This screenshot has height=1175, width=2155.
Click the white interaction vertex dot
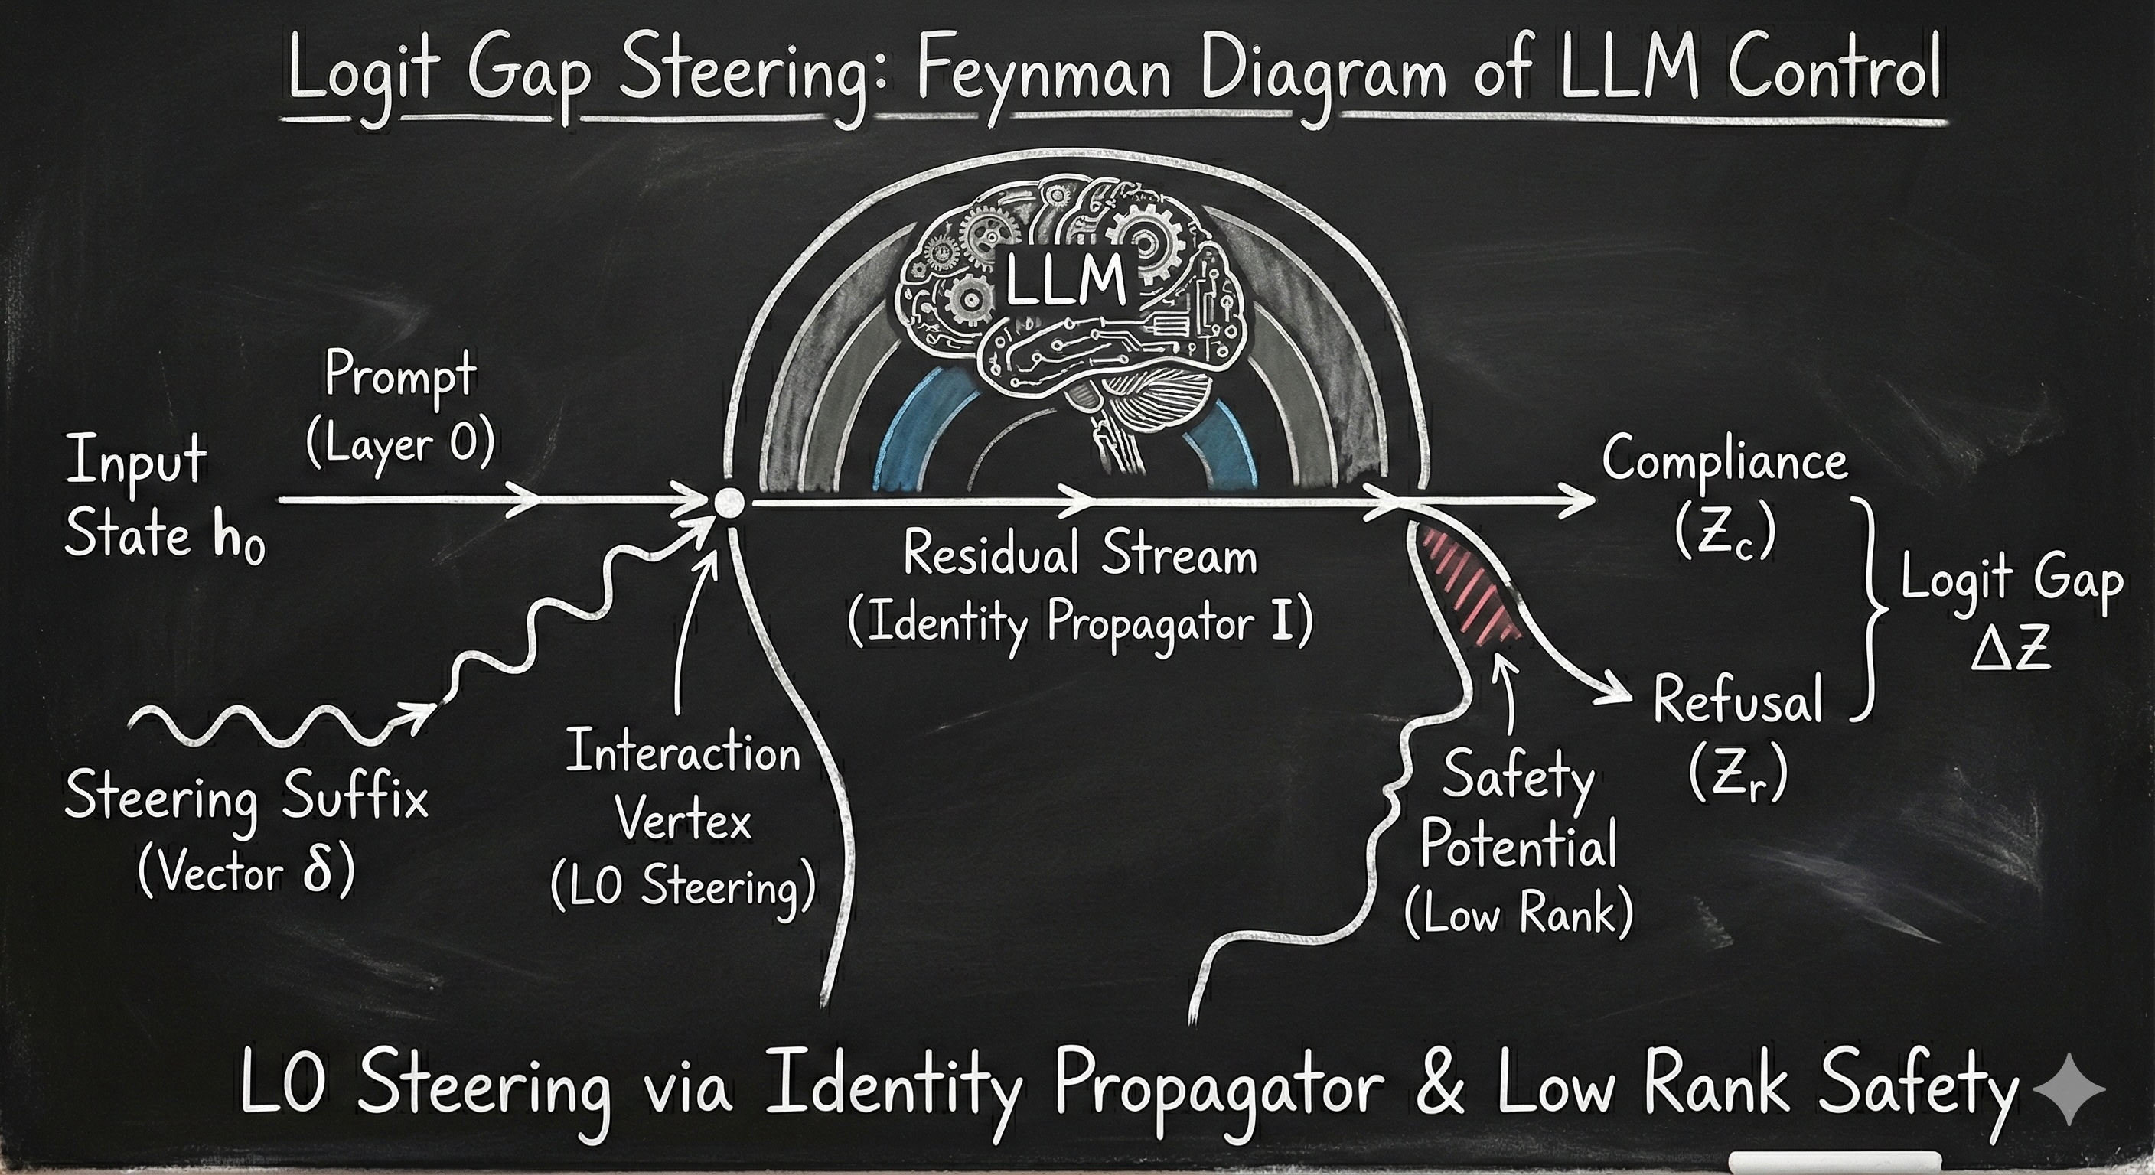click(x=729, y=502)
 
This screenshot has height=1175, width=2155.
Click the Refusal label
click(x=1738, y=701)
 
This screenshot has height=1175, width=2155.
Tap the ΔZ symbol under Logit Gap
click(x=2011, y=649)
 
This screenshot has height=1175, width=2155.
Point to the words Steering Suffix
click(x=246, y=798)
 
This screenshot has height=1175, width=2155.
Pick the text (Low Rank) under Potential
click(x=1518, y=914)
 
